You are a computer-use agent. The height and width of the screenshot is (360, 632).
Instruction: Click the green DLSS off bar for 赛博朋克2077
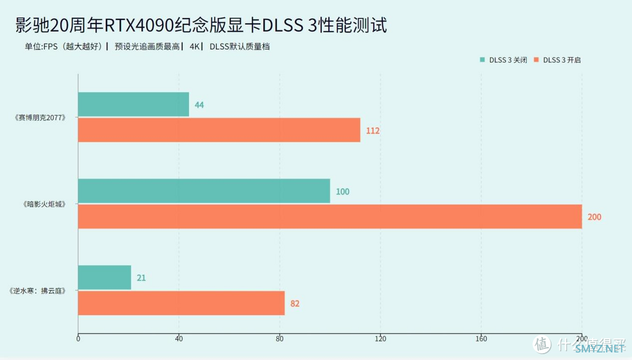[x=133, y=104]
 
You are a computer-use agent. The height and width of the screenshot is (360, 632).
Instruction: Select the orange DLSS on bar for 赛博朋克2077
[x=219, y=130]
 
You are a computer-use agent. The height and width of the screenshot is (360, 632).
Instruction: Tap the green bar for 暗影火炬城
[x=204, y=191]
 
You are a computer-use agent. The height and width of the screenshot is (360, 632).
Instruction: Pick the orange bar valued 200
[x=329, y=217]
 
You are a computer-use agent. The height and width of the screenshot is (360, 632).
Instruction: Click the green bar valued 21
[x=104, y=277]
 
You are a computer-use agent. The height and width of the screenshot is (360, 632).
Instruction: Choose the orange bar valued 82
[x=181, y=303]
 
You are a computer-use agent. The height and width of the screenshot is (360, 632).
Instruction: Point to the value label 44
[x=199, y=105]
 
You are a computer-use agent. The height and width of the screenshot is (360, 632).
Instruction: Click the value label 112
[x=373, y=131]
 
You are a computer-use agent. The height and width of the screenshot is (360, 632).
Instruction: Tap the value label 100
[x=342, y=191]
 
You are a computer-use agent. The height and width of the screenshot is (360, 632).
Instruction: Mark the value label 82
[x=295, y=304]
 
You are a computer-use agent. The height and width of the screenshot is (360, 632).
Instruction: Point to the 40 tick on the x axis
[x=179, y=338]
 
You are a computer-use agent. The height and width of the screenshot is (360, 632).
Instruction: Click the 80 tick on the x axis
[x=280, y=338]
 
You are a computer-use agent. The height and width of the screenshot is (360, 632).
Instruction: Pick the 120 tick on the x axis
[x=380, y=338]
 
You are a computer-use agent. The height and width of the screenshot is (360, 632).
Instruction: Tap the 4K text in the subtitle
[x=194, y=47]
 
